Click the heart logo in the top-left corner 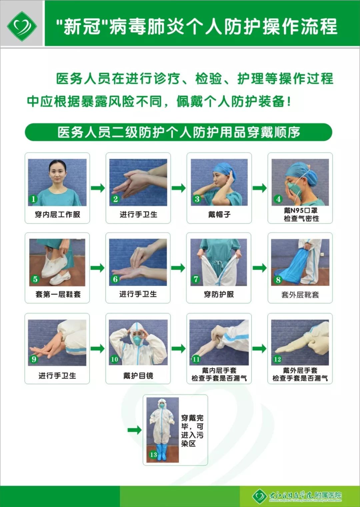(22, 26)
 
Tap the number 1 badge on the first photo (33, 199)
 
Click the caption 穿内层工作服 (57, 214)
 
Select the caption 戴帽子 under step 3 (219, 214)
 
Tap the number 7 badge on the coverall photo (196, 279)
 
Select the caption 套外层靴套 (300, 295)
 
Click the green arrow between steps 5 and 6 (97, 268)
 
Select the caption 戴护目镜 (138, 376)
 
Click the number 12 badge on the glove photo (277, 359)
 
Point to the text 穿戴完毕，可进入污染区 (192, 431)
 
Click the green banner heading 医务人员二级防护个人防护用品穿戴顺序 (179, 132)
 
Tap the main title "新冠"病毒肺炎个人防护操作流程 (197, 27)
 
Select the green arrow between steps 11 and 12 (259, 349)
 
